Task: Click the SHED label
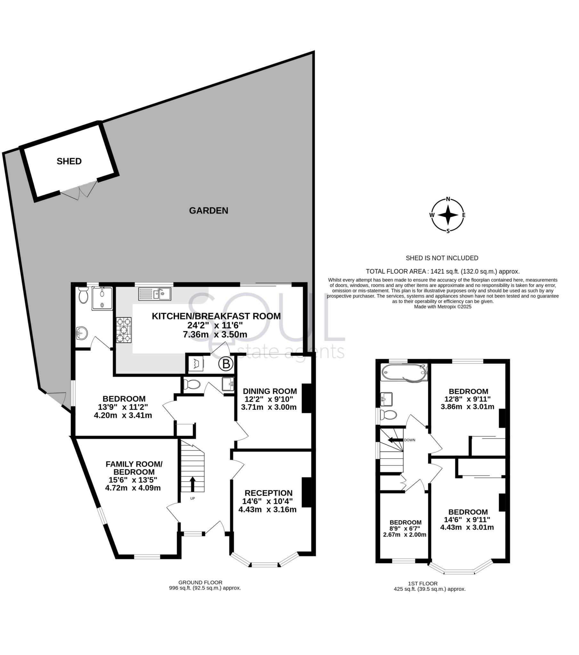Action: pyautogui.click(x=69, y=161)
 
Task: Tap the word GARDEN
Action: pyautogui.click(x=208, y=210)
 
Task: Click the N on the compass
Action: pyautogui.click(x=448, y=199)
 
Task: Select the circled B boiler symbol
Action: pyautogui.click(x=226, y=364)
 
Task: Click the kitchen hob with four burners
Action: pyautogui.click(x=124, y=330)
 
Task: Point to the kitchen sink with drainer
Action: pyautogui.click(x=155, y=294)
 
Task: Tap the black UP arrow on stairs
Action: pyautogui.click(x=192, y=484)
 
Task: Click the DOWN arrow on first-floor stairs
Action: pyautogui.click(x=396, y=440)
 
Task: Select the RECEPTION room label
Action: pyautogui.click(x=268, y=493)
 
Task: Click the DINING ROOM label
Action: pyautogui.click(x=270, y=391)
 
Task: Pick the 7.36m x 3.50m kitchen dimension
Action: pyautogui.click(x=215, y=335)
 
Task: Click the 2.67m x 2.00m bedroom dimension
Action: pyautogui.click(x=404, y=534)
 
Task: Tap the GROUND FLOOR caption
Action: pyautogui.click(x=200, y=582)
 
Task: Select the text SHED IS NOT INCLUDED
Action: pyautogui.click(x=442, y=258)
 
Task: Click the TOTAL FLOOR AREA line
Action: pyautogui.click(x=443, y=272)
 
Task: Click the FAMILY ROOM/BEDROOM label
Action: pyautogui.click(x=134, y=468)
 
